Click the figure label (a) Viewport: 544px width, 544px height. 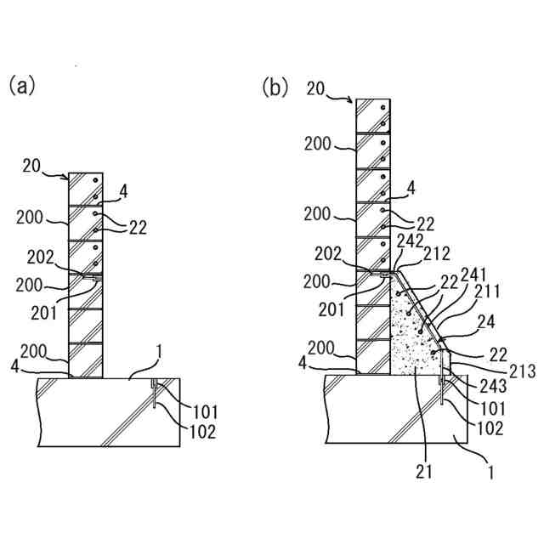point(23,85)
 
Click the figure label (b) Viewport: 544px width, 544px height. point(275,87)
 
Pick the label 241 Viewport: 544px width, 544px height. point(473,274)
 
